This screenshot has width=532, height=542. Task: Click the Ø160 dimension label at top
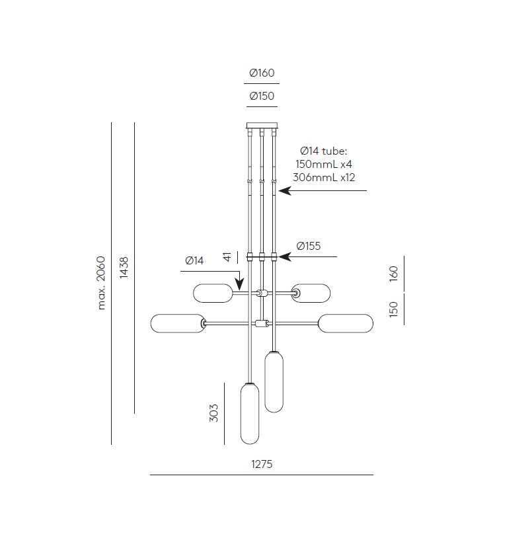[262, 73]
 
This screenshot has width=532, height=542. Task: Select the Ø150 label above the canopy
[262, 96]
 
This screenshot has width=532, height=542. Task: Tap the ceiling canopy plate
[262, 125]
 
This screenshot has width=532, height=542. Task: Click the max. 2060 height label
[101, 283]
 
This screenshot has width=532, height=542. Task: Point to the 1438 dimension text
[124, 267]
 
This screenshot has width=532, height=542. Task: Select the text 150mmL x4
[324, 164]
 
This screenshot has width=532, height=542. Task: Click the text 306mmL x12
[324, 177]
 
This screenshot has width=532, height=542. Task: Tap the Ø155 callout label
[309, 246]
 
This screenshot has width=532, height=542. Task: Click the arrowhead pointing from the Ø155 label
[285, 257]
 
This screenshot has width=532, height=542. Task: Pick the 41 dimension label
[227, 257]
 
